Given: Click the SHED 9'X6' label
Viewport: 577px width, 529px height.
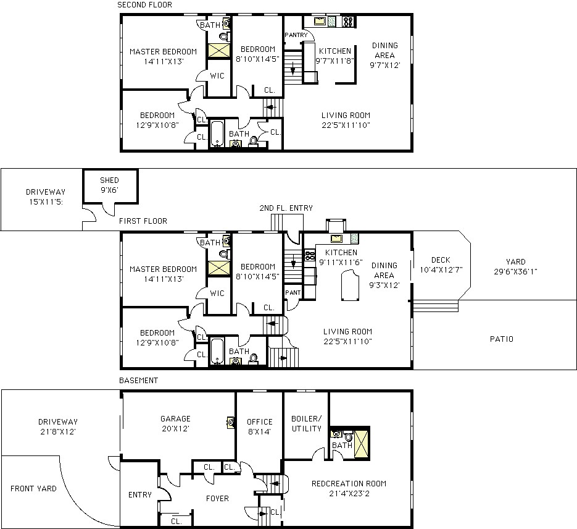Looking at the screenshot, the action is [109, 185].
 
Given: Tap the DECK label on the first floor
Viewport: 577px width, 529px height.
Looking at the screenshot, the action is [441, 260].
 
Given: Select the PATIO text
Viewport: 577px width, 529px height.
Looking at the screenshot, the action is [501, 339].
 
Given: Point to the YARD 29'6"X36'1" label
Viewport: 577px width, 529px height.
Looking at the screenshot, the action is [515, 267].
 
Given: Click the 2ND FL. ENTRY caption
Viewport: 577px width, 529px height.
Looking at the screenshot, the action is [286, 208].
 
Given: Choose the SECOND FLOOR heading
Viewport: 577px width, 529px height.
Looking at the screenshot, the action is [144, 5].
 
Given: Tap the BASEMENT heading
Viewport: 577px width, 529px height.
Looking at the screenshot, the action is [138, 381].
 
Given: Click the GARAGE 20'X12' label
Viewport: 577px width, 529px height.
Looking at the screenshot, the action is [175, 424].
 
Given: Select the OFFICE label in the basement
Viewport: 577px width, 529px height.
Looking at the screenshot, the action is [259, 422].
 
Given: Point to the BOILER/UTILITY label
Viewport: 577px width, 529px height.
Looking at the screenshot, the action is [307, 424].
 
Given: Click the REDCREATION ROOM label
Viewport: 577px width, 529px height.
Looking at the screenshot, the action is [349, 484].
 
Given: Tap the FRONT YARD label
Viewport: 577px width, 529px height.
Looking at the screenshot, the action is [33, 489].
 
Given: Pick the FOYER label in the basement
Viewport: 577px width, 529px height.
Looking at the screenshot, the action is [217, 499].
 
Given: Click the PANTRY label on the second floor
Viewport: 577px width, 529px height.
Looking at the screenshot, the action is [296, 35].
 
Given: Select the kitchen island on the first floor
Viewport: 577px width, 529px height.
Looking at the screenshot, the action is [350, 285].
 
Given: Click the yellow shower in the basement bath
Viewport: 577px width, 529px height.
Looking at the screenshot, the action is [362, 444].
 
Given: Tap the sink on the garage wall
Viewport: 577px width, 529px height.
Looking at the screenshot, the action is [231, 422].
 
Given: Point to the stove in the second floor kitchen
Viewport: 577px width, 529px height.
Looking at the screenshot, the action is [348, 22].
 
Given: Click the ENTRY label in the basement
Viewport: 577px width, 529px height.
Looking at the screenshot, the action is [140, 495].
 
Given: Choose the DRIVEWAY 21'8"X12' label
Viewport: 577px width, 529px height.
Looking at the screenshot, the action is [58, 426].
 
